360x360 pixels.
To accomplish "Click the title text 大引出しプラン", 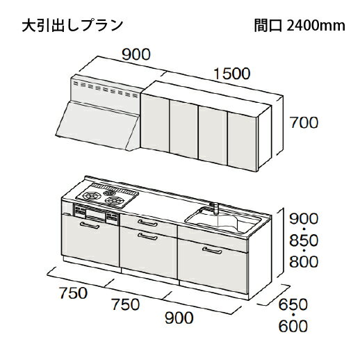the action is tap(72, 25).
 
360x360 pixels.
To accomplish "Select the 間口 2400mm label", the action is tap(300, 25).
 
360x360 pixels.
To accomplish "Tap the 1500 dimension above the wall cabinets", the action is tap(231, 74).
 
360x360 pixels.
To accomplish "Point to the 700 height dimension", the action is tap(304, 122).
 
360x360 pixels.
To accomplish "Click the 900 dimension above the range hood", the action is tap(136, 55).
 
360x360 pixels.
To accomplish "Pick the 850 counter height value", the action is tap(304, 240).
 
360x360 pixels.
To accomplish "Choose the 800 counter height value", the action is tap(304, 262).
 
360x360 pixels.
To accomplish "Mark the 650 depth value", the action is tap(293, 304).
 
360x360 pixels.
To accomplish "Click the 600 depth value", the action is tap(293, 326).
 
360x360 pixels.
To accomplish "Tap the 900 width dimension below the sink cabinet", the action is tap(179, 318).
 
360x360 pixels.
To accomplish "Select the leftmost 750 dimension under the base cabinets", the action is tap(74, 293).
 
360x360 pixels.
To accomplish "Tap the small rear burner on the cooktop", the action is tap(109, 193).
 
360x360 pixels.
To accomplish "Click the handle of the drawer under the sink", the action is tap(212, 250).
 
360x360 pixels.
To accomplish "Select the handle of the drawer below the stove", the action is tap(90, 225).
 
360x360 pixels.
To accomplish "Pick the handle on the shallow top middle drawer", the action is tap(147, 223).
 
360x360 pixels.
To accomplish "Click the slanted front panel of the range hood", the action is tap(96, 124).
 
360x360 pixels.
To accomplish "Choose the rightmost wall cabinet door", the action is tap(242, 142).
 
